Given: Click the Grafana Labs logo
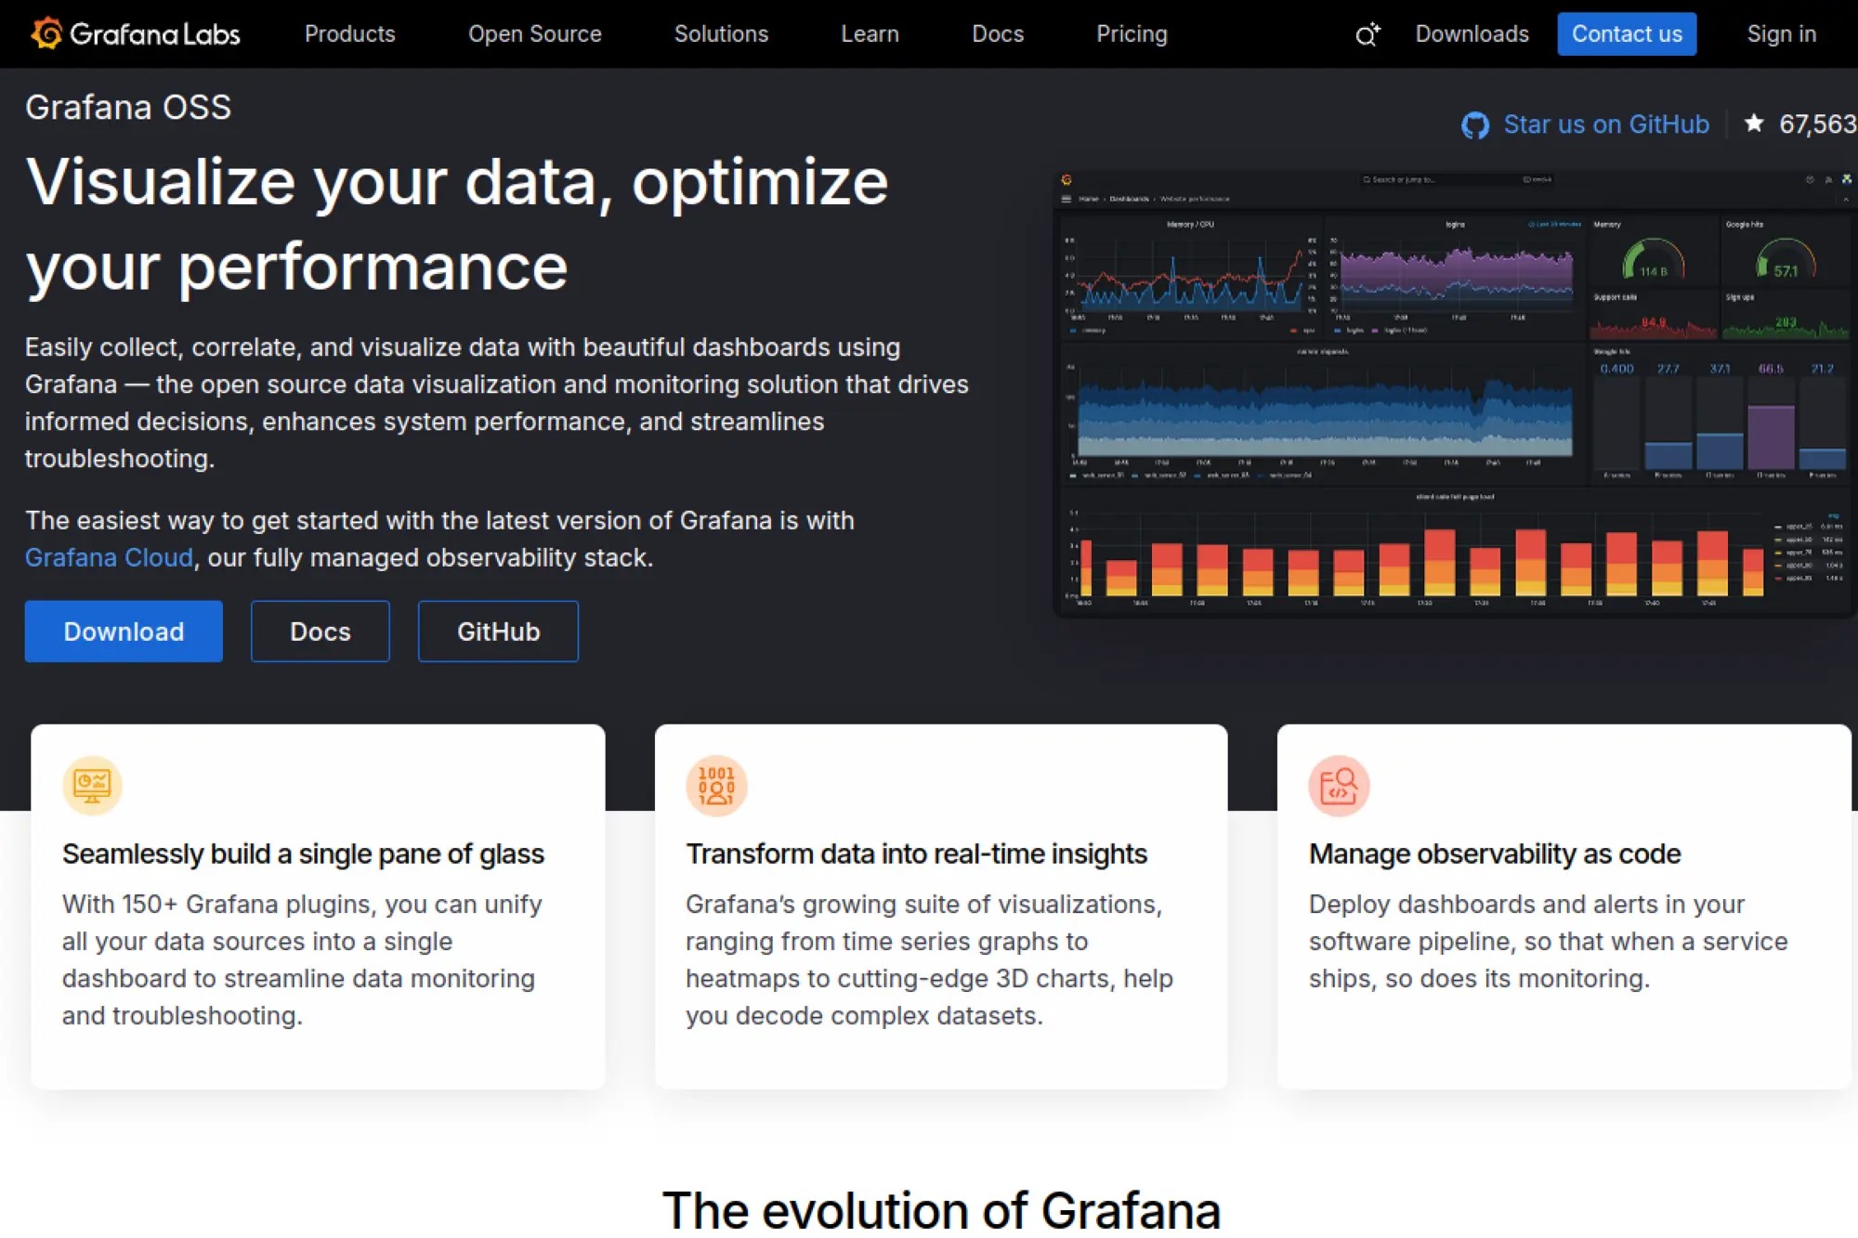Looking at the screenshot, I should click(x=136, y=33).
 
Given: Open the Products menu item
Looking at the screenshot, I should click(x=349, y=33).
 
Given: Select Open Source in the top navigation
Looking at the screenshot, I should click(x=534, y=33).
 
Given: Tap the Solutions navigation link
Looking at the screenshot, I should click(x=721, y=33).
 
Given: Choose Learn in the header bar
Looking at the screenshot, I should click(x=870, y=33).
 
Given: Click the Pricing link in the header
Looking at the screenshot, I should click(x=1131, y=33).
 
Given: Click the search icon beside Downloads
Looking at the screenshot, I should click(x=1367, y=34).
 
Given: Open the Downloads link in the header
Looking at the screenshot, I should click(x=1472, y=33).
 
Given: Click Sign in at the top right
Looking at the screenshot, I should click(x=1781, y=33).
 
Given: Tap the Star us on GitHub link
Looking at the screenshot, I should click(x=1605, y=124).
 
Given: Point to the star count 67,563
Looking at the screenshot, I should click(x=1816, y=124).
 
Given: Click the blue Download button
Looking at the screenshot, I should click(x=124, y=632).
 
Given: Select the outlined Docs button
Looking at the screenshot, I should click(x=320, y=632).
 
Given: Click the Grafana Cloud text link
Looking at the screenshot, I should click(x=109, y=557).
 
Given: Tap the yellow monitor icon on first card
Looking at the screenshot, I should click(x=92, y=786).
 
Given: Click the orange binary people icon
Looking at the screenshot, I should click(x=716, y=786).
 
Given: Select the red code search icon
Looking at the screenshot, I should click(x=1339, y=786).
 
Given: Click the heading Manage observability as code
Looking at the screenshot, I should click(x=1494, y=854).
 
